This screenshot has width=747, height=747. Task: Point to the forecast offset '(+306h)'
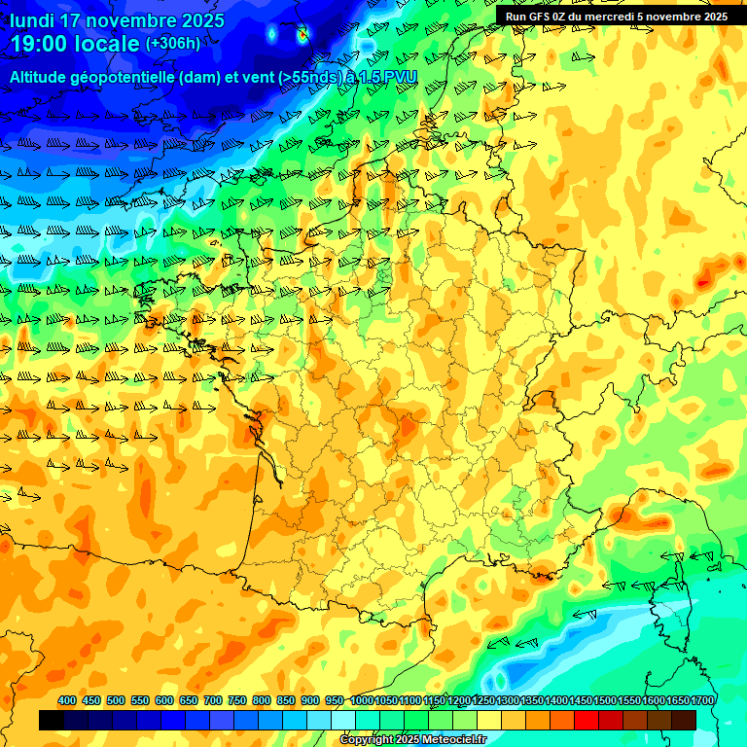point(173,44)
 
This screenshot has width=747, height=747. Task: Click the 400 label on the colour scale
point(67,700)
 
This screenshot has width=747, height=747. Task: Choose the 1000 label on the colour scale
point(361,700)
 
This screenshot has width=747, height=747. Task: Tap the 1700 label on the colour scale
point(702,700)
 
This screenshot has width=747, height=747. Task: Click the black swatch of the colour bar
point(52,720)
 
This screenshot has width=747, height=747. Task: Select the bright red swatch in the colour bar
point(587,720)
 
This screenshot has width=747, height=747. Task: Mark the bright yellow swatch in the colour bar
point(489,720)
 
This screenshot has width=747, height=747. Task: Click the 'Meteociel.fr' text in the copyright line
point(452,740)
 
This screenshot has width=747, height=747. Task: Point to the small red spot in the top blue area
point(302,35)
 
